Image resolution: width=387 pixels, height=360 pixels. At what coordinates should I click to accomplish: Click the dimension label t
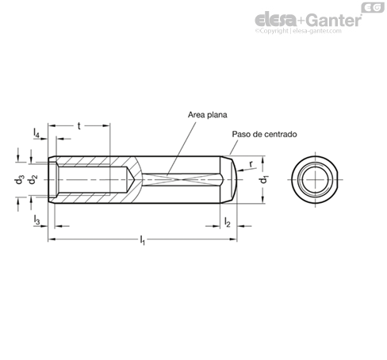[x=79, y=126]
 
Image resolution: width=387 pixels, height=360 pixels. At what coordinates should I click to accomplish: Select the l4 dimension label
[x=36, y=133]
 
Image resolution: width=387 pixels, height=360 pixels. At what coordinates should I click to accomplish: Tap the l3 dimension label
[x=36, y=220]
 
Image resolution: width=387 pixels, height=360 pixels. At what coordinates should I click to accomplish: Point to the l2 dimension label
[x=227, y=222]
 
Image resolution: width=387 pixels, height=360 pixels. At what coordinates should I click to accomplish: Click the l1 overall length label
[x=143, y=240]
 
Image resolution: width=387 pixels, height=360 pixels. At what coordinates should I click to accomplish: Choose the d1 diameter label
[x=263, y=179]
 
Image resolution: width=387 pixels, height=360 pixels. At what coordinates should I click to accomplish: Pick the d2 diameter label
[x=33, y=180]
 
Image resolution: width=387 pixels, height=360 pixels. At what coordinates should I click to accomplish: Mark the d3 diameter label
[x=19, y=180]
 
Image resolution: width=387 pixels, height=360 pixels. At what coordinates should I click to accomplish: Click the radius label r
[x=251, y=164]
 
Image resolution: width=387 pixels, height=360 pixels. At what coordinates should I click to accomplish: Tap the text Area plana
[x=208, y=115]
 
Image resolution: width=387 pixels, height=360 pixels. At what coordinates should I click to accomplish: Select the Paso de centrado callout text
[x=264, y=134]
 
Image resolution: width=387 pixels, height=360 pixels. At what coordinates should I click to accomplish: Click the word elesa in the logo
[x=276, y=19]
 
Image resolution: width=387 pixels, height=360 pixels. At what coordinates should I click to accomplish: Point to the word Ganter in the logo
[x=335, y=20]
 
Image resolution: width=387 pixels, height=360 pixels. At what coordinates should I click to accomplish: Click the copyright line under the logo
[x=298, y=31]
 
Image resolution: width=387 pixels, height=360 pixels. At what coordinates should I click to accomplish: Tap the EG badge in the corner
[x=373, y=8]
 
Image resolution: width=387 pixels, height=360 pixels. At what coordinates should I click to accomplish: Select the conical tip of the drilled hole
[x=131, y=180]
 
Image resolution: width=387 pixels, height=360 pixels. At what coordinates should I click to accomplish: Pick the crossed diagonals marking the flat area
[x=182, y=180]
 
